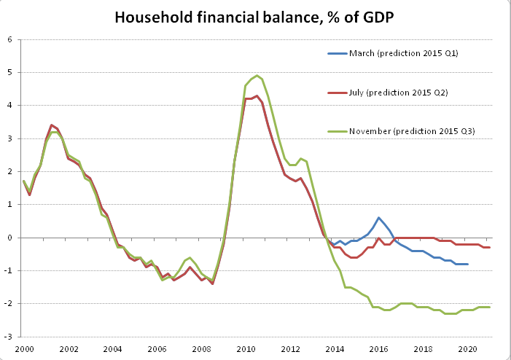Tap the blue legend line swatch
pos(338,53)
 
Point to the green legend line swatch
pos(338,130)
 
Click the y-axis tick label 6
pos(11,39)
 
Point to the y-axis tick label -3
pos(9,337)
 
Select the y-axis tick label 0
pos(11,238)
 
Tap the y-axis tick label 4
pos(11,106)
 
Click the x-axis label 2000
pos(23,348)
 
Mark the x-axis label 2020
pos(467,348)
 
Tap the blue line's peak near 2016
pos(378,217)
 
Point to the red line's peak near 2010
pos(257,95)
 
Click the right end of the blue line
pos(467,264)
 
